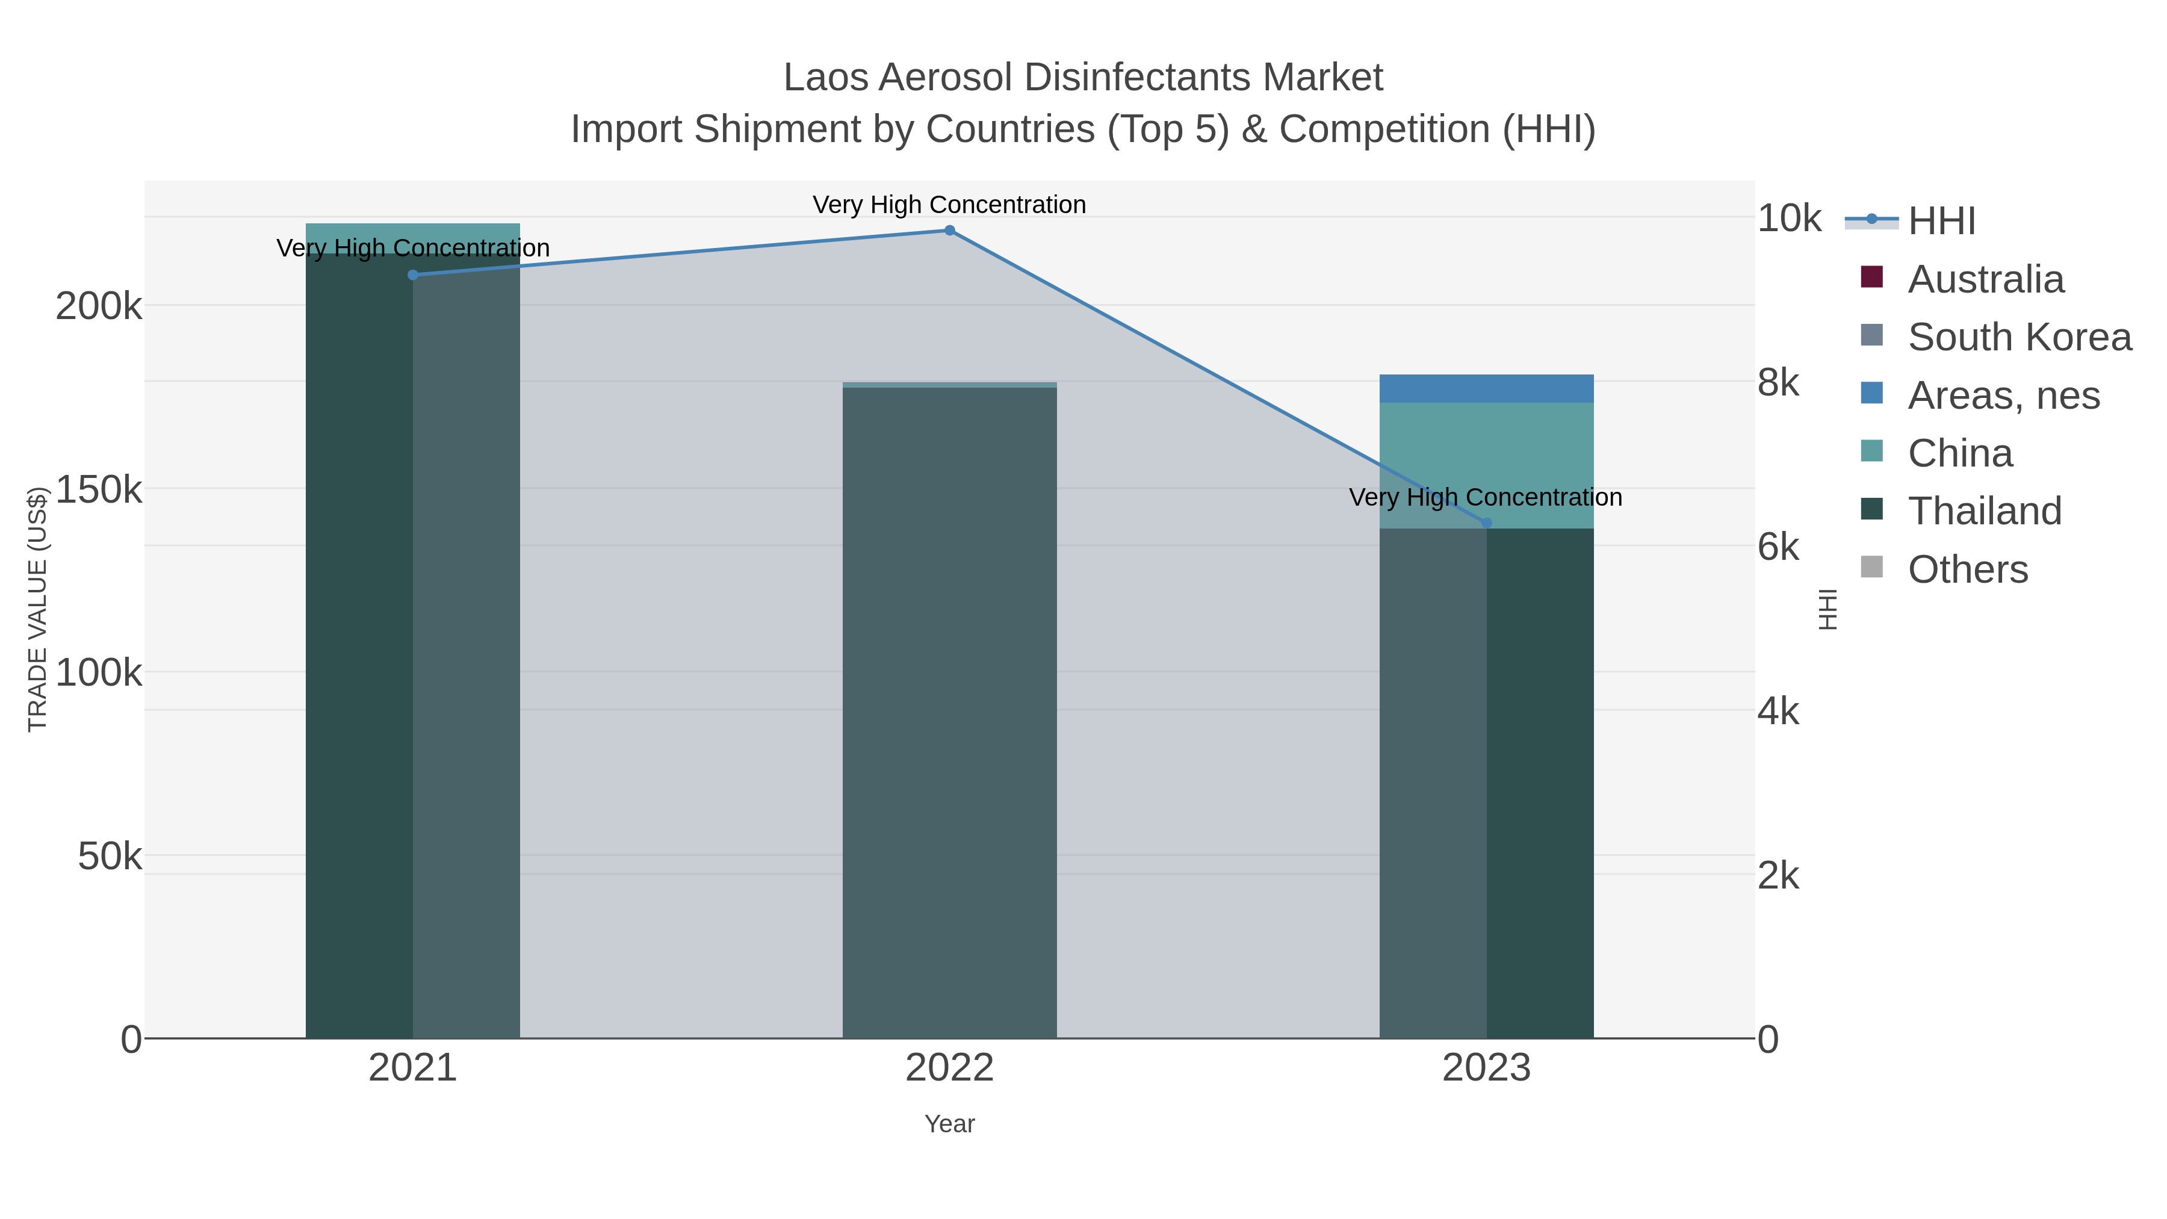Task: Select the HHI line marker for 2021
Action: pyautogui.click(x=412, y=275)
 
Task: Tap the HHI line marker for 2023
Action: pyautogui.click(x=1486, y=523)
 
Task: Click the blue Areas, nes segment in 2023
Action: pyautogui.click(x=1486, y=389)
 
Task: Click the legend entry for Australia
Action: pyautogui.click(x=1985, y=279)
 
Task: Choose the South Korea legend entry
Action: pyautogui.click(x=2019, y=337)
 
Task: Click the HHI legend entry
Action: pyautogui.click(x=1941, y=222)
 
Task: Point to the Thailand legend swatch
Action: pyautogui.click(x=1871, y=509)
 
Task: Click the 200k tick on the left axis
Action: pyautogui.click(x=99, y=306)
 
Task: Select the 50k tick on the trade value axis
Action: pyautogui.click(x=110, y=857)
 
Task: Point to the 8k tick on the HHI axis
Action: pyautogui.click(x=1778, y=383)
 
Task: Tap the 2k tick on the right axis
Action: pyautogui.click(x=1778, y=876)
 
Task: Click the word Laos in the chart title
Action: pyautogui.click(x=825, y=78)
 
